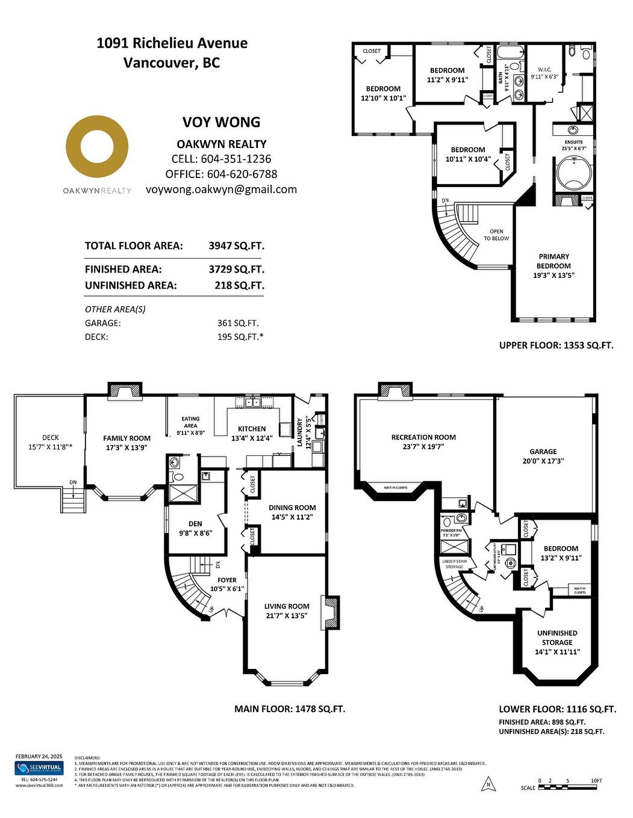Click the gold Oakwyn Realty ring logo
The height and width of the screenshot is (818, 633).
(x=97, y=147)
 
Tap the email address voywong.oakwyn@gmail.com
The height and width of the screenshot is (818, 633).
(x=221, y=189)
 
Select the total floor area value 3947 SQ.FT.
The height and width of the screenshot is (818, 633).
(x=236, y=246)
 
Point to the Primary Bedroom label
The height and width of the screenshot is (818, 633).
(x=553, y=261)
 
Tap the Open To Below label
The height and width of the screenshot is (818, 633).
(x=496, y=235)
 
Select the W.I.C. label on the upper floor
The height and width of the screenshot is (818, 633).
(x=544, y=69)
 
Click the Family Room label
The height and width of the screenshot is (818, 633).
(x=126, y=438)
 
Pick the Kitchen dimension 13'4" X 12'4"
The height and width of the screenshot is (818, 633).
(x=252, y=438)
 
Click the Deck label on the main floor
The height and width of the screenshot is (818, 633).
(x=51, y=438)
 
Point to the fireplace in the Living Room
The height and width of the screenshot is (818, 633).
(x=331, y=612)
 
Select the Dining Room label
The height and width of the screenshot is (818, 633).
(x=292, y=508)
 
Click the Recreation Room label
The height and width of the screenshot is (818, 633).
(x=423, y=437)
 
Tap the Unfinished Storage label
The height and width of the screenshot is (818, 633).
(x=557, y=638)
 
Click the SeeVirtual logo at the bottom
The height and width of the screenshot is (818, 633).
(x=39, y=768)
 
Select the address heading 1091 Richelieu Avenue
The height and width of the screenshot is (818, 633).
(x=172, y=43)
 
